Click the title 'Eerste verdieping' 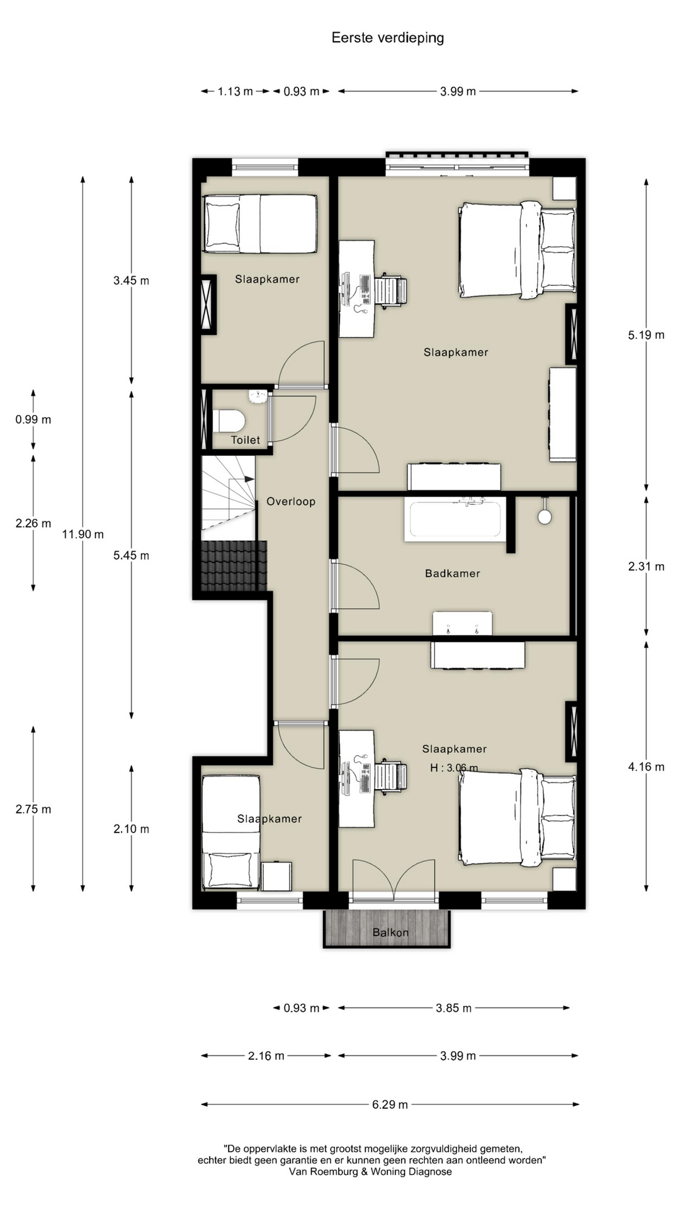pos(388,38)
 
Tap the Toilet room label pos(246,440)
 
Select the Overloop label pos(291,502)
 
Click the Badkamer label pos(453,574)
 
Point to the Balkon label pos(390,933)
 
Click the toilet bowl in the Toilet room pos(229,421)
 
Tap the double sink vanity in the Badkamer pos(462,623)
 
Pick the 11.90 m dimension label pos(83,535)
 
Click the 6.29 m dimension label pos(390,1104)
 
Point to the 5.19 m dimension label pos(646,335)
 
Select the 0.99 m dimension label pos(33,420)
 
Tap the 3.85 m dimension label pos(453,1008)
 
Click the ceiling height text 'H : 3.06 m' pos(454,768)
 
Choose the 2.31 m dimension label pos(646,567)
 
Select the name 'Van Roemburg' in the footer pos(324,1172)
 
